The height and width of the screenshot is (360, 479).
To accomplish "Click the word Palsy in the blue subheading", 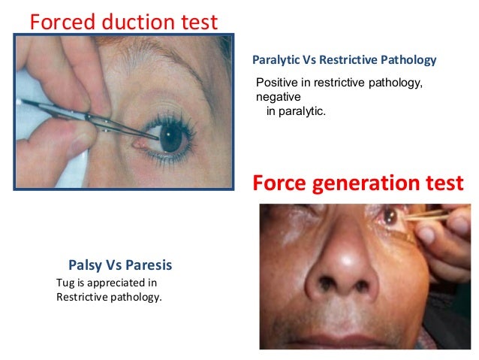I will [x=84, y=265].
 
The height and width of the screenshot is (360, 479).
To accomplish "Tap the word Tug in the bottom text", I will [x=65, y=283].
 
